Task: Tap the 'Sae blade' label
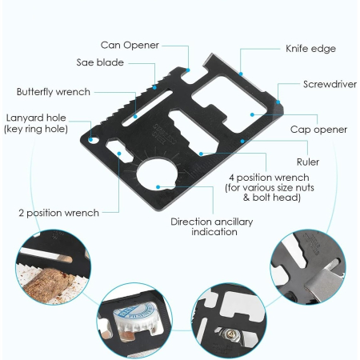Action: click(x=100, y=62)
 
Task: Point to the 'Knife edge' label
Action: click(x=310, y=49)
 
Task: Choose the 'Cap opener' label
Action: click(x=318, y=129)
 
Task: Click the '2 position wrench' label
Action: click(x=58, y=213)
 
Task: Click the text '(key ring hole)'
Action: click(x=37, y=129)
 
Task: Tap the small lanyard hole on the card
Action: click(x=94, y=142)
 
